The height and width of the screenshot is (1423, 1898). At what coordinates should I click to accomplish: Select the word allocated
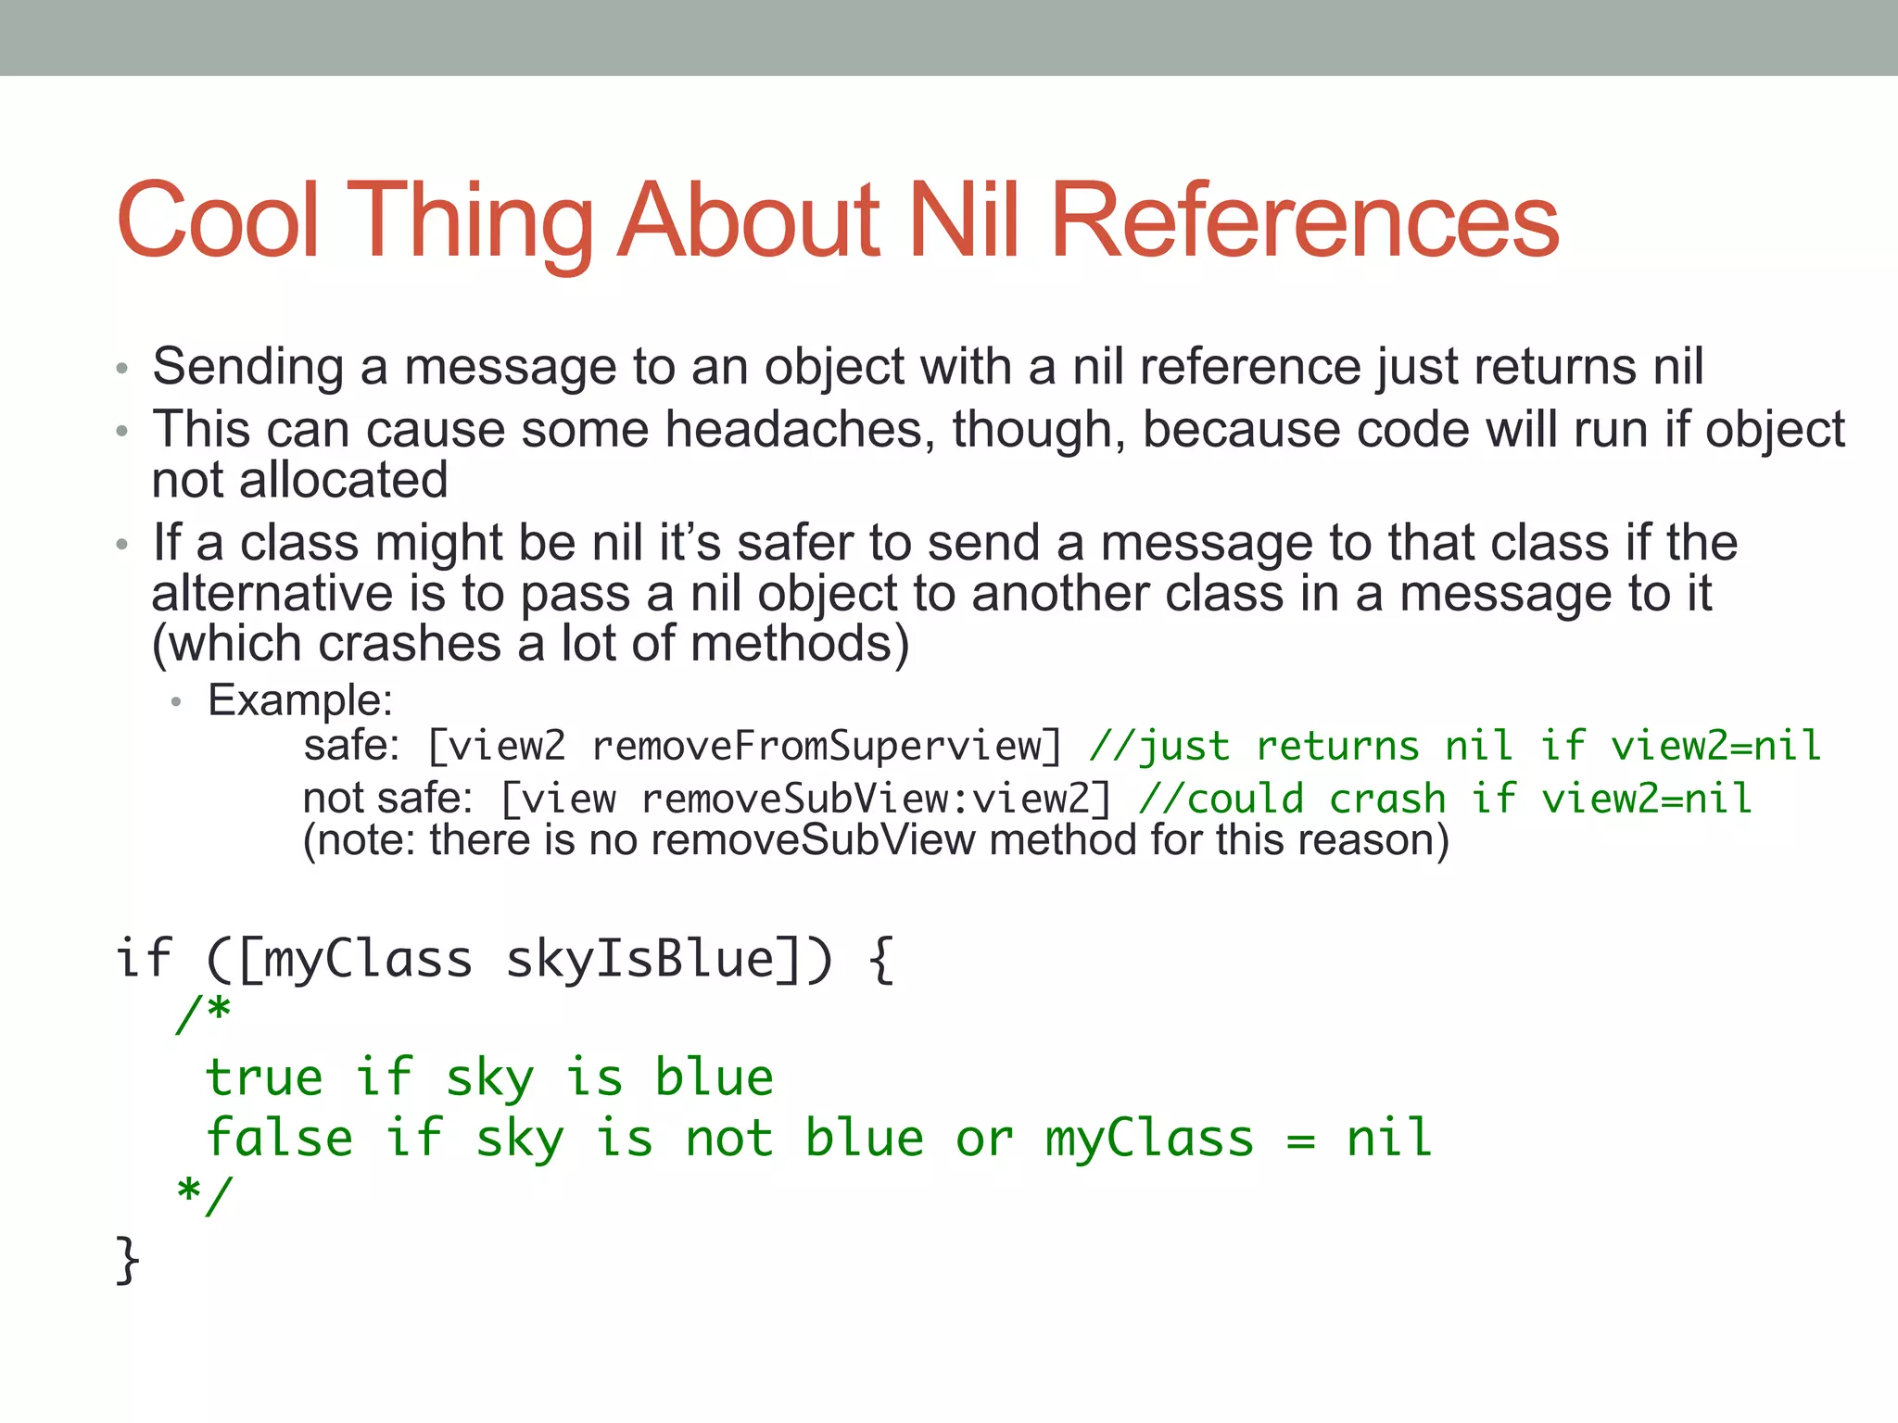(343, 480)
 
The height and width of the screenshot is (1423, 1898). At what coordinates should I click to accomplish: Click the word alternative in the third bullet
(272, 593)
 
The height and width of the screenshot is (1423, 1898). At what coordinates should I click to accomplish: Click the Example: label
(300, 699)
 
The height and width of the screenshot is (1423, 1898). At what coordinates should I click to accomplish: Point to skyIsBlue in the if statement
(640, 958)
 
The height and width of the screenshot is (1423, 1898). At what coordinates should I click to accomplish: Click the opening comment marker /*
(204, 1013)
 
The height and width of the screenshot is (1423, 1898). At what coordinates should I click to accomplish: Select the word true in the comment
(264, 1077)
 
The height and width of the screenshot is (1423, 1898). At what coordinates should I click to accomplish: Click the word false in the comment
(279, 1138)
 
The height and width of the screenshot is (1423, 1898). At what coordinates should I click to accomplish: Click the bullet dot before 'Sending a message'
(121, 369)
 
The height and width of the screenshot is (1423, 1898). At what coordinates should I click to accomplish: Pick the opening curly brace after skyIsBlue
(881, 959)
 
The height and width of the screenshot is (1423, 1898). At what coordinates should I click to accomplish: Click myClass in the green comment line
(1149, 1138)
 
